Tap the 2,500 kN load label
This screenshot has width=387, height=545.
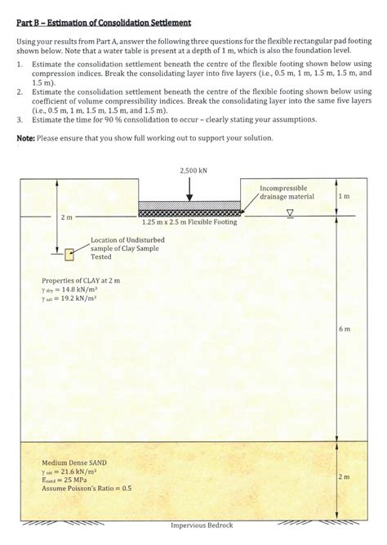[189, 170]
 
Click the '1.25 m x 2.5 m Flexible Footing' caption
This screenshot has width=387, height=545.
[189, 221]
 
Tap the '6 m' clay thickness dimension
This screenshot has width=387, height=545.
[344, 328]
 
